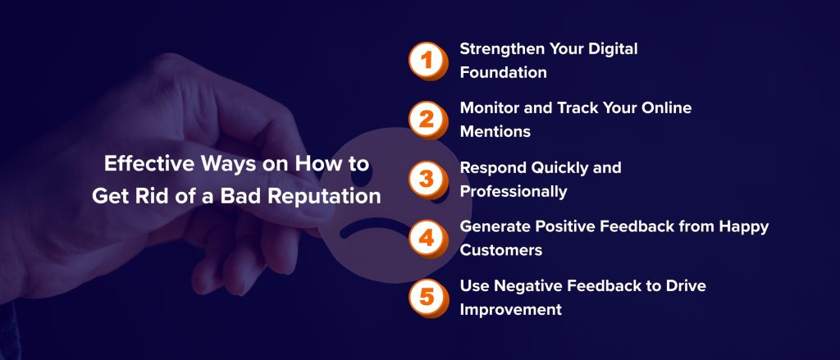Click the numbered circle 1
(426, 60)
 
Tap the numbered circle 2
(426, 119)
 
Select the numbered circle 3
(426, 179)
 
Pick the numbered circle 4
(426, 238)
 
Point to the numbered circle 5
(426, 297)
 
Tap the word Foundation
(503, 72)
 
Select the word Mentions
(495, 131)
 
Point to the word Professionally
(514, 192)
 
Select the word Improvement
(510, 309)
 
